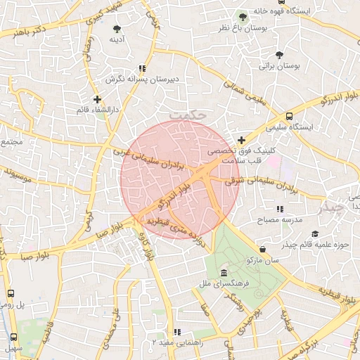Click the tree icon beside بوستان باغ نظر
click(x=243, y=15)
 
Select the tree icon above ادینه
click(x=117, y=29)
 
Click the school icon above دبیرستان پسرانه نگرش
click(x=142, y=69)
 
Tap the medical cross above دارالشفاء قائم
click(x=97, y=100)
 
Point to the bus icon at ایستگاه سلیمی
click(x=290, y=117)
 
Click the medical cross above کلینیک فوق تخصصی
click(x=242, y=140)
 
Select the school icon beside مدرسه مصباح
click(x=280, y=209)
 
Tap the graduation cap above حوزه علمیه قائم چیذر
click(x=314, y=233)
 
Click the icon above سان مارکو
click(x=262, y=249)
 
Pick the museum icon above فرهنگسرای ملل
click(x=224, y=273)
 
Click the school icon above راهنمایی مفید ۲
click(x=178, y=331)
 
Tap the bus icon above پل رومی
click(x=11, y=293)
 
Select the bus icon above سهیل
click(x=13, y=337)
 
